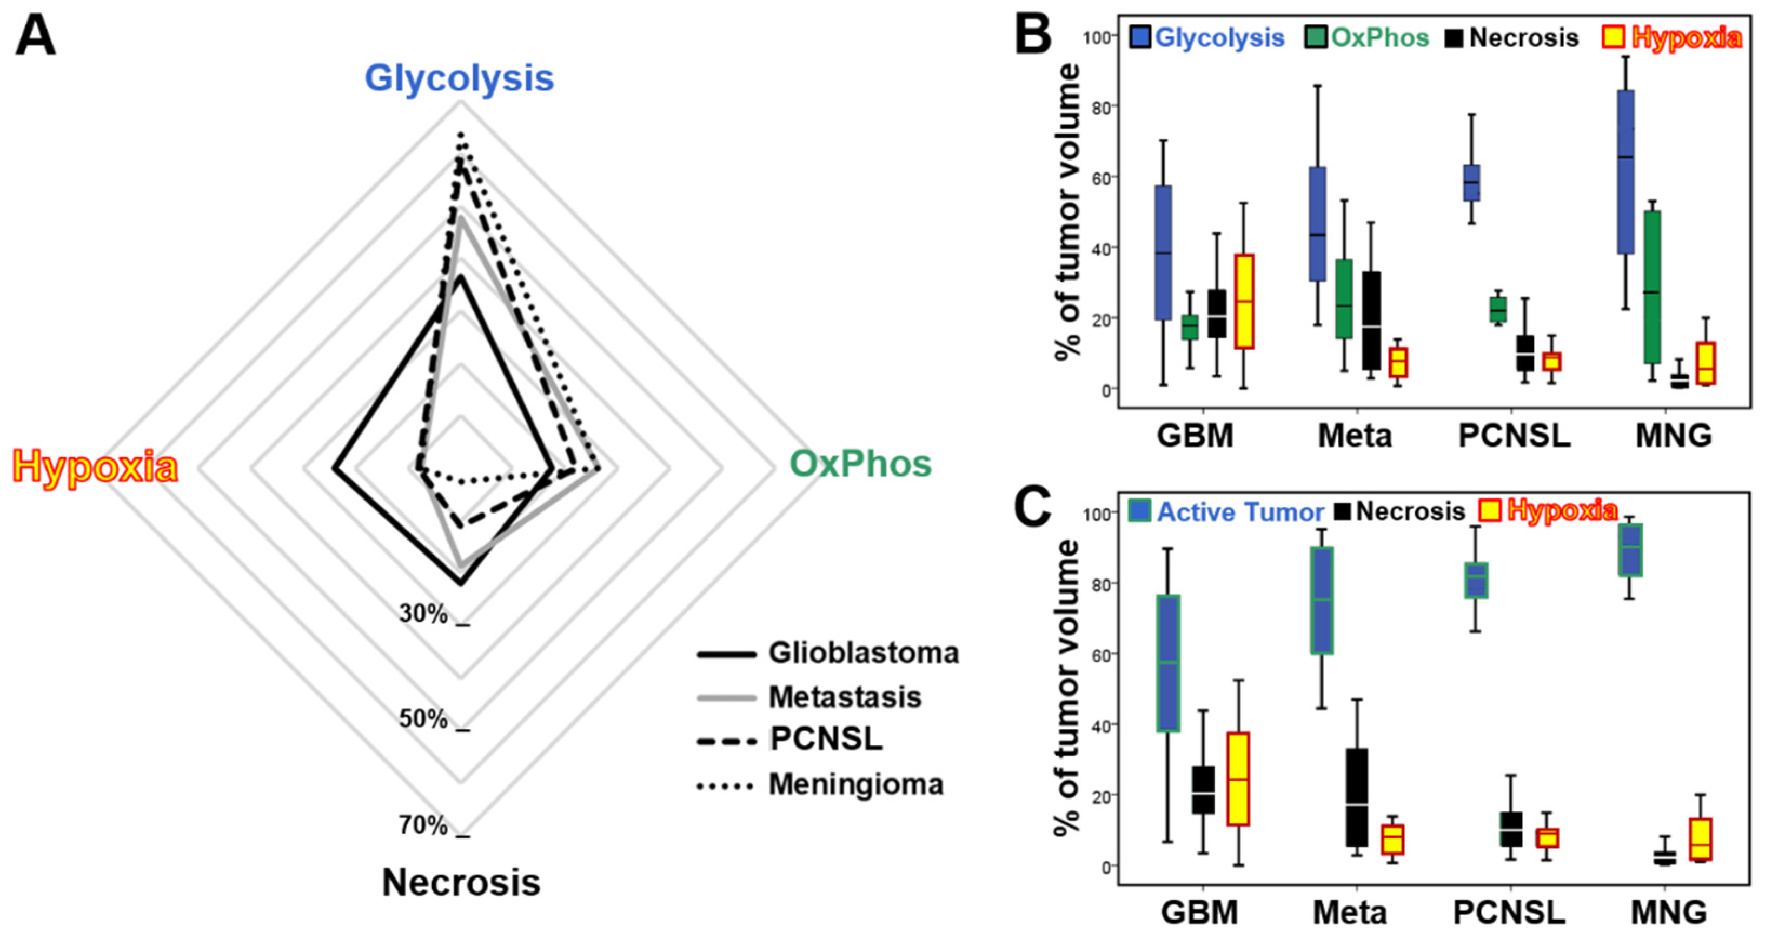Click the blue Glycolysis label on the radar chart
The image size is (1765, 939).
click(459, 78)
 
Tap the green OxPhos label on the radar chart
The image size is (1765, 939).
click(860, 464)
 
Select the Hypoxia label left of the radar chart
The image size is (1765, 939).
click(95, 468)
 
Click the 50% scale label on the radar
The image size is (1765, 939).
click(423, 719)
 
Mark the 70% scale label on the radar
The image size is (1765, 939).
click(423, 826)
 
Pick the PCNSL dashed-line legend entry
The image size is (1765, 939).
click(826, 740)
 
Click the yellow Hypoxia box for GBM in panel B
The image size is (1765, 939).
click(1244, 301)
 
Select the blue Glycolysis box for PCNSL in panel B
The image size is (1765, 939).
click(1471, 183)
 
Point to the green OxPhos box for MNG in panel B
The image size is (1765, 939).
click(1652, 287)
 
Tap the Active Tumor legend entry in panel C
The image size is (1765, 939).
click(1226, 511)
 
